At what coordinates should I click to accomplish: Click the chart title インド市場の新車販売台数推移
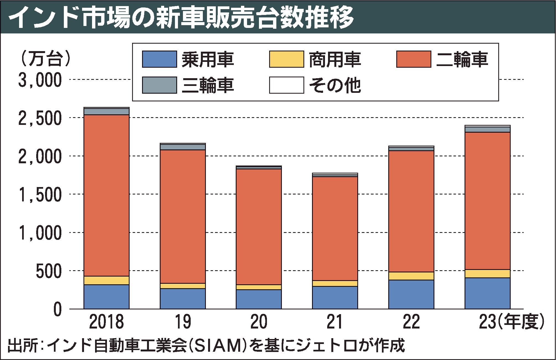(181, 17)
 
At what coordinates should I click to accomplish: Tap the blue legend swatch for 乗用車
(159, 59)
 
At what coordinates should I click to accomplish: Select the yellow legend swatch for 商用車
(287, 59)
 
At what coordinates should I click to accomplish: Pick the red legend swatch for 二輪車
(414, 59)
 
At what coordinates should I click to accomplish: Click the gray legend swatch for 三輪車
(159, 85)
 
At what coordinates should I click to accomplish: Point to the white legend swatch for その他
(287, 85)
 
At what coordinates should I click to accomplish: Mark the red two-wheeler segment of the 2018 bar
(106, 195)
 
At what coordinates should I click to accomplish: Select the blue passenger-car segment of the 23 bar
(487, 293)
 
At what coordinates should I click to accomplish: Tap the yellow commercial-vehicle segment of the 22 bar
(411, 276)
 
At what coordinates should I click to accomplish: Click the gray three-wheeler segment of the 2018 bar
(106, 111)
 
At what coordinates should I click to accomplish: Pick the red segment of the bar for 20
(259, 227)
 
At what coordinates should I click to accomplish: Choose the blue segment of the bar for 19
(183, 299)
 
